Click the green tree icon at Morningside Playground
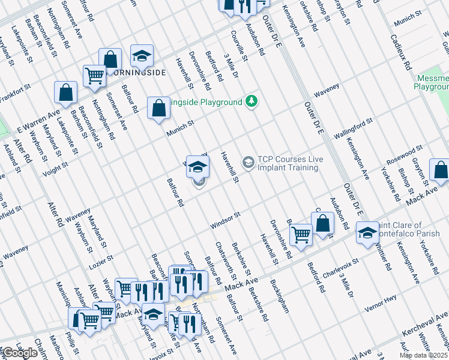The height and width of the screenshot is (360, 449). [252, 101]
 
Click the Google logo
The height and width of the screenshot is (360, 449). [20, 353]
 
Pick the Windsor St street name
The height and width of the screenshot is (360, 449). [225, 220]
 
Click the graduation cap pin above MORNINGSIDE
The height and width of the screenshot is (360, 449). [142, 56]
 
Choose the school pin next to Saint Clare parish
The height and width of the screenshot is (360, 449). [367, 233]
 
